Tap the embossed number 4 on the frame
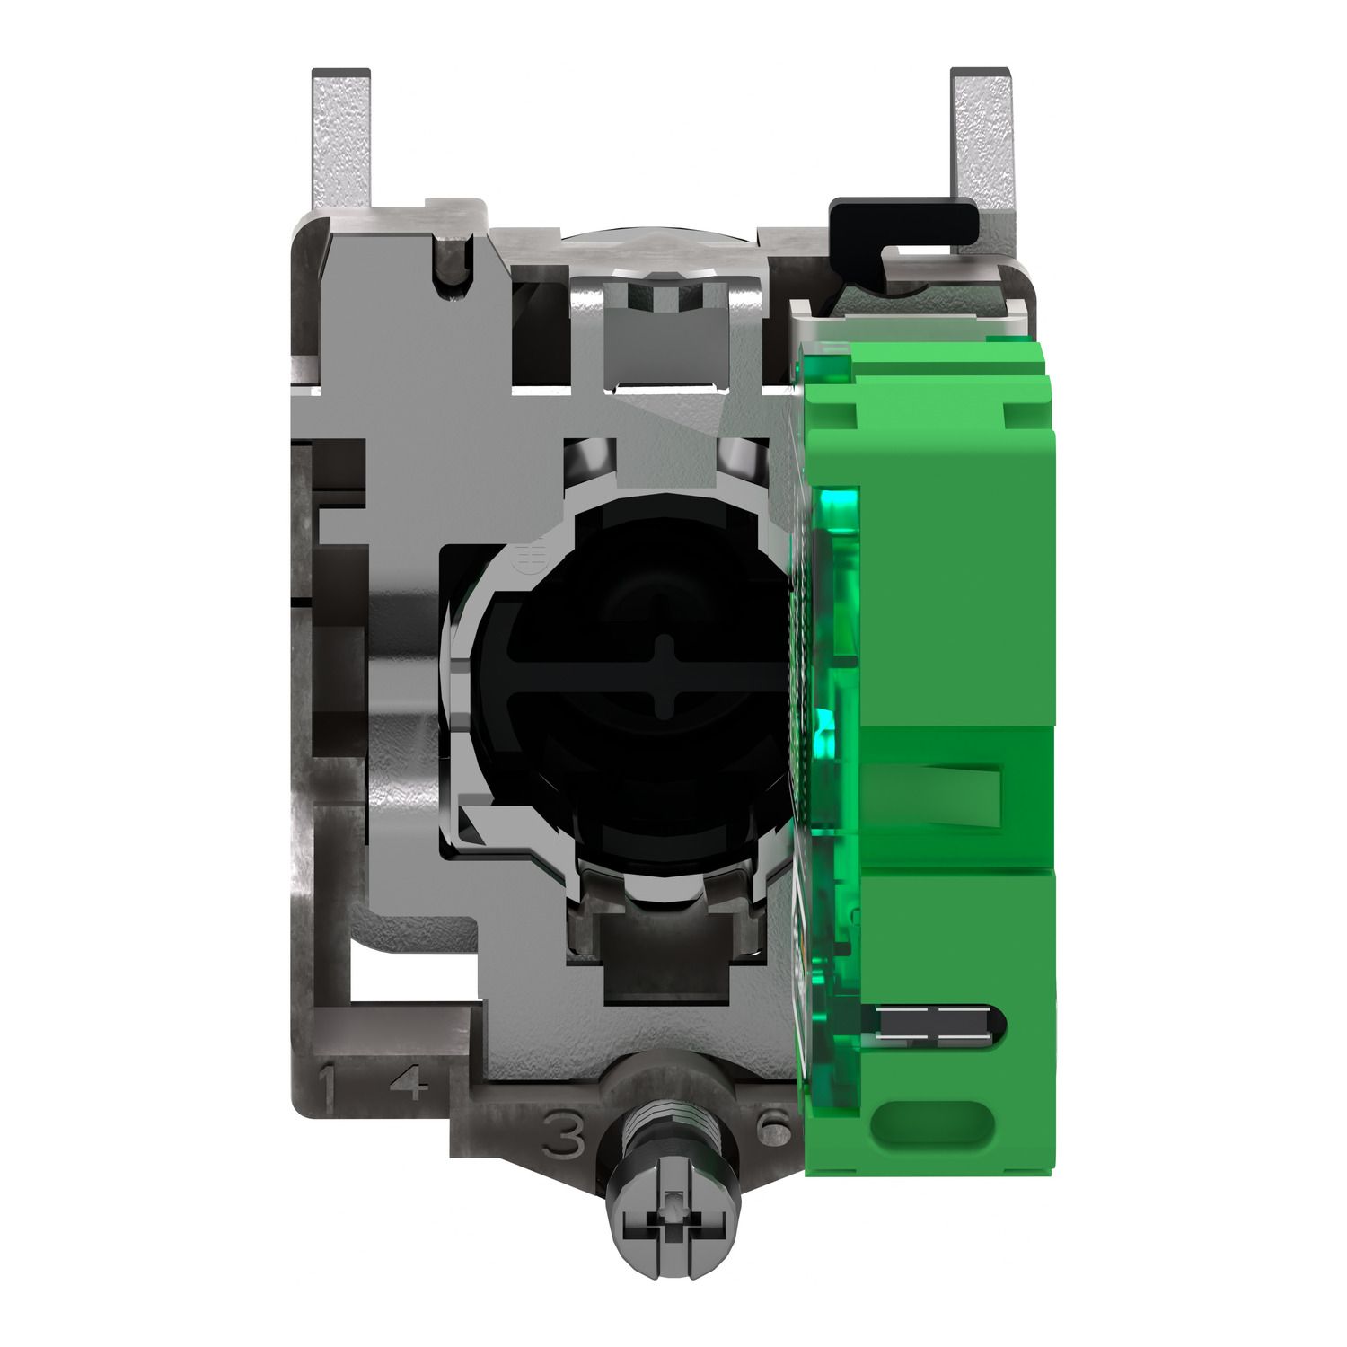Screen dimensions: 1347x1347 coord(407,1087)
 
